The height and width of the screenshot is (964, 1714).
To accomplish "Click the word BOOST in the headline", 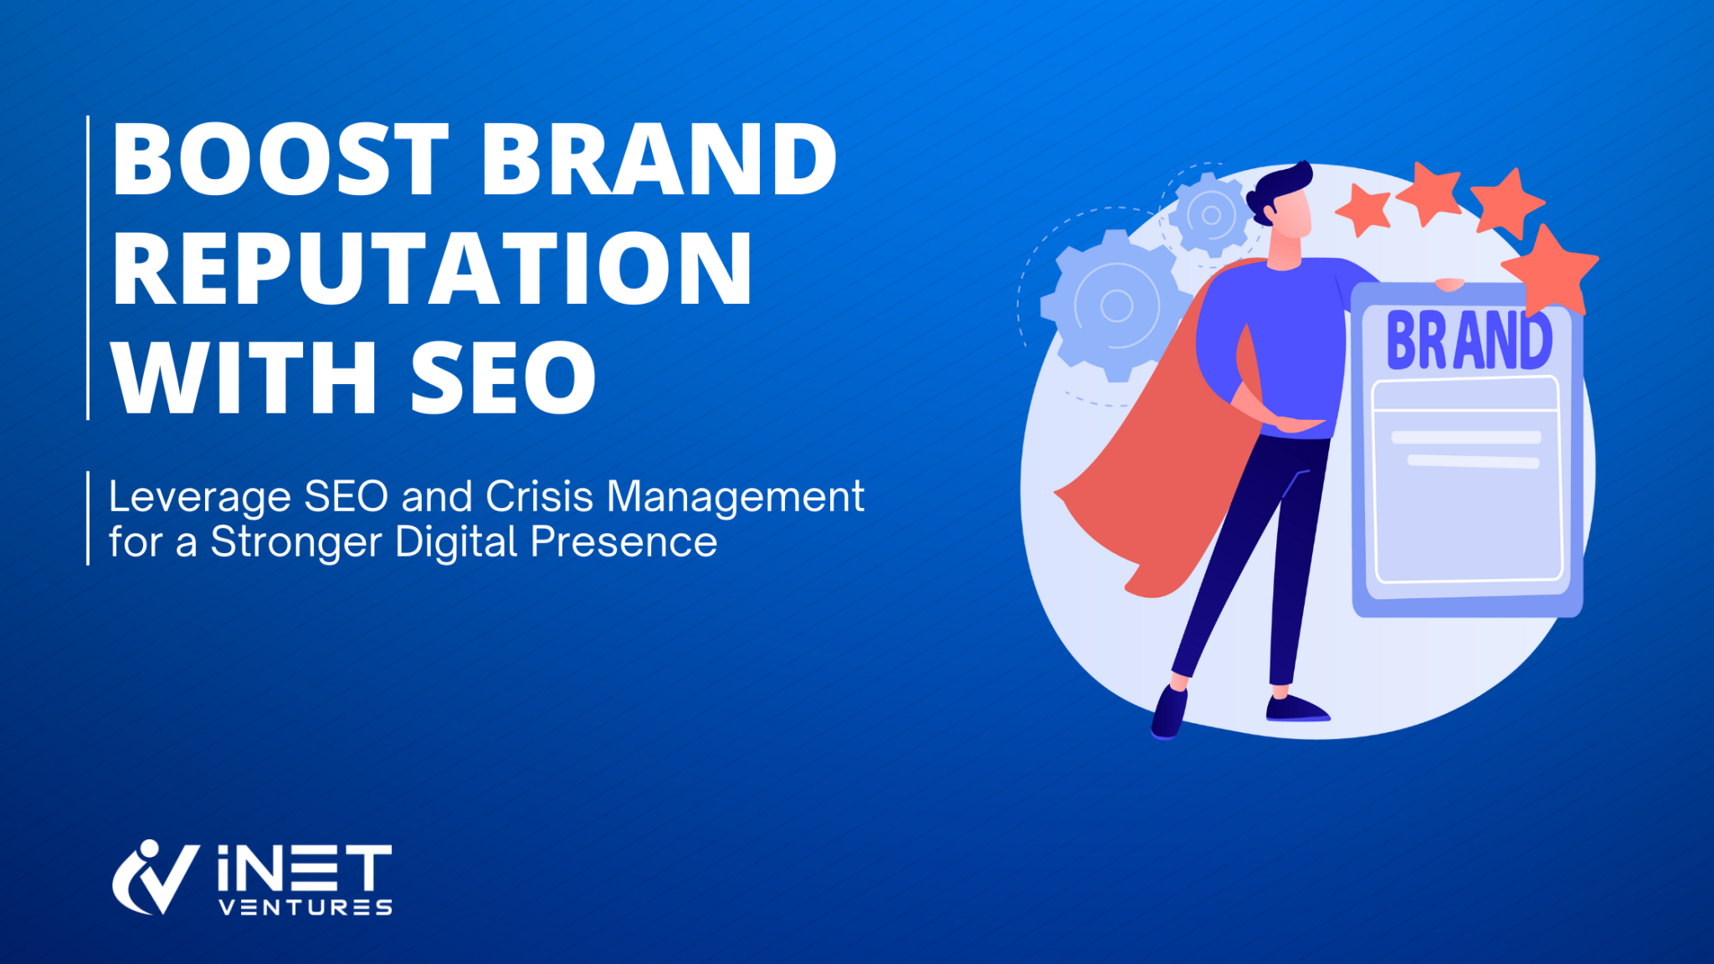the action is [280, 159].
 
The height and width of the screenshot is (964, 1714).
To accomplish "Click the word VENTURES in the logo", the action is [305, 908].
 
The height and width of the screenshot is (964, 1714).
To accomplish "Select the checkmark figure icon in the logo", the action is [155, 877].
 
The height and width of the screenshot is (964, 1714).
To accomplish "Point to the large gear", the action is [1116, 305].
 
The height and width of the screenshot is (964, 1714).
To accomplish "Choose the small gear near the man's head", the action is [1210, 215].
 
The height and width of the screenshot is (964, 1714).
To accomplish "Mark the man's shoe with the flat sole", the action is [1296, 709].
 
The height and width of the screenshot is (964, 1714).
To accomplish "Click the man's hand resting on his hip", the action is [1297, 423].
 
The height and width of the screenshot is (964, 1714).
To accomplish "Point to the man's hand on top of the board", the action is [1449, 285].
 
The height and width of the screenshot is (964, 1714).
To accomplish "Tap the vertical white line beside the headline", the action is [88, 268].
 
